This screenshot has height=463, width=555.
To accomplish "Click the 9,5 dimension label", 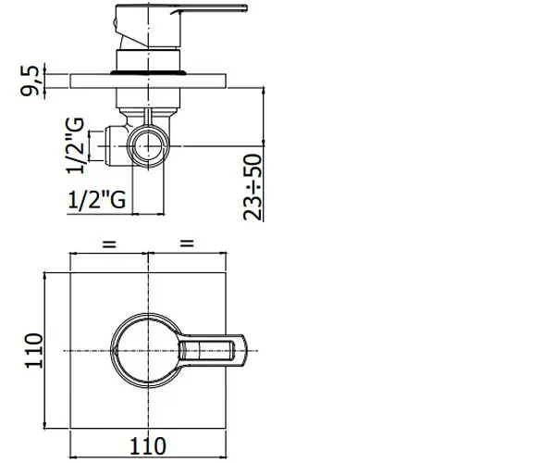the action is coord(30,81).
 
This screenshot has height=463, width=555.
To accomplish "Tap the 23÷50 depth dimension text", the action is coord(253,187).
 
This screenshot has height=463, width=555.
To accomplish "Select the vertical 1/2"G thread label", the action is coord(76,145).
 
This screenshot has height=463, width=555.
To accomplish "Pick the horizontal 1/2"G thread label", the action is coord(96,199).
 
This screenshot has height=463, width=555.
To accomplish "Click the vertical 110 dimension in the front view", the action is coord(33,351).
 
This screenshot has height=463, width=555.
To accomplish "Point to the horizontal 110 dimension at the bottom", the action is coord(148,446).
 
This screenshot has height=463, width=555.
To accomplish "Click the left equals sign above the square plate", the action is coord(109,244).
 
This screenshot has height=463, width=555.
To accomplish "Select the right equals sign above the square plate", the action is coord(187,244).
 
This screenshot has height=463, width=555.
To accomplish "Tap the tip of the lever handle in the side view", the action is coord(246,7).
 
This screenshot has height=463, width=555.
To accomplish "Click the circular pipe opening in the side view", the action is coord(148,146).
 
